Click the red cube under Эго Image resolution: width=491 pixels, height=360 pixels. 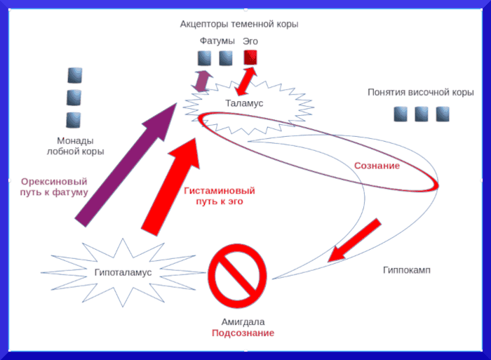[x=250, y=58]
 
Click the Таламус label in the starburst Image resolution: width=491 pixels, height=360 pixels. [x=244, y=103]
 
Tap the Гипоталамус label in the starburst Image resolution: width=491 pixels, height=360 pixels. [x=123, y=272]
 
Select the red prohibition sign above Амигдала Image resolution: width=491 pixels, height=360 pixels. [x=238, y=273]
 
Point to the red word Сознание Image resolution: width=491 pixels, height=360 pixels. [x=377, y=166]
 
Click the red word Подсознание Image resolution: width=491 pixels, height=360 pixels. [x=243, y=333]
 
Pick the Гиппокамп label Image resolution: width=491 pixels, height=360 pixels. [x=407, y=270]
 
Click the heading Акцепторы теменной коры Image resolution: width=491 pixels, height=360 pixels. [x=239, y=24]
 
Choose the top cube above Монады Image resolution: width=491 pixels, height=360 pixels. [x=74, y=75]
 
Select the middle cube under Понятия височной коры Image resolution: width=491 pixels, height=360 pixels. [x=421, y=114]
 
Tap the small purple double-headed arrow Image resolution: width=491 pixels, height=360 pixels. [x=203, y=81]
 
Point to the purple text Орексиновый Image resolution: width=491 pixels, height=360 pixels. [x=54, y=180]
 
